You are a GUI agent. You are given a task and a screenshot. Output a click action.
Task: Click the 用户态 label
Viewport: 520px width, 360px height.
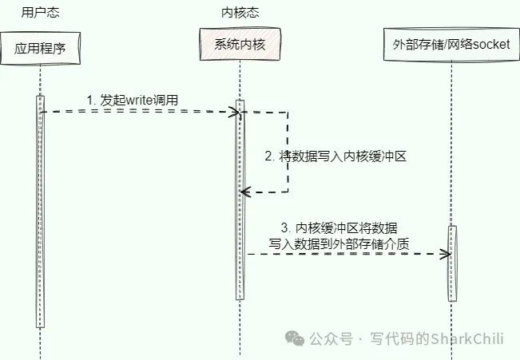click(39, 12)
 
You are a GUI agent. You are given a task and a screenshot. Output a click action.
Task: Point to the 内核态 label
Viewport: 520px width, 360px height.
click(239, 12)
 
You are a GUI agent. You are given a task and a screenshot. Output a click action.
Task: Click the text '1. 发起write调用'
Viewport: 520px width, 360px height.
click(133, 100)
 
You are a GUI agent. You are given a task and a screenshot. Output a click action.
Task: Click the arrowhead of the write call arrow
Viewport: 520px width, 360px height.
click(236, 112)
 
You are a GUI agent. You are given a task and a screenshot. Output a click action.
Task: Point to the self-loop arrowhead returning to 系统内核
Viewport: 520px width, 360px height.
click(245, 192)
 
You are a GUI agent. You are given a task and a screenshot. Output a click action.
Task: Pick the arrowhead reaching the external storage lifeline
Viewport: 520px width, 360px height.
click(447, 254)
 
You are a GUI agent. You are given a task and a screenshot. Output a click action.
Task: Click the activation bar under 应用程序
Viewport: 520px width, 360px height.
click(40, 212)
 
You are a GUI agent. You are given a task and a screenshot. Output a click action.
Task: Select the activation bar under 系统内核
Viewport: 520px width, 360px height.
click(239, 200)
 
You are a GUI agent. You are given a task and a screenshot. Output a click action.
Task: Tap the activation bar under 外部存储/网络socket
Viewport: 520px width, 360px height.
click(452, 263)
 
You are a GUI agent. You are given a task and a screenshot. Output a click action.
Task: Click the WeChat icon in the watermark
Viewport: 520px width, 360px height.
click(297, 338)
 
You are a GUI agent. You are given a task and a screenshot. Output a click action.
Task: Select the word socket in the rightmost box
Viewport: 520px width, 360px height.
click(492, 45)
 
